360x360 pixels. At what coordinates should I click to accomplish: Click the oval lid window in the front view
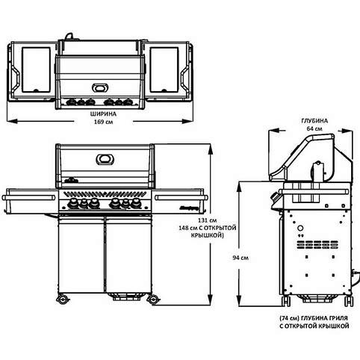click(104, 159)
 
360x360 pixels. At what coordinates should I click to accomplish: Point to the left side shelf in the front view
click(28, 197)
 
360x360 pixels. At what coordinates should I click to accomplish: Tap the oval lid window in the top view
click(99, 87)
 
